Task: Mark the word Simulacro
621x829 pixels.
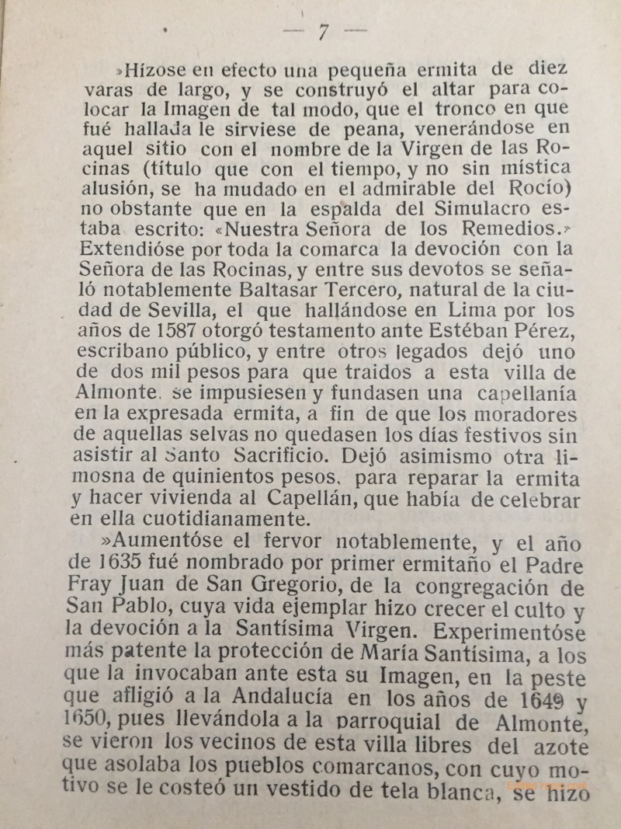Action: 459,210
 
